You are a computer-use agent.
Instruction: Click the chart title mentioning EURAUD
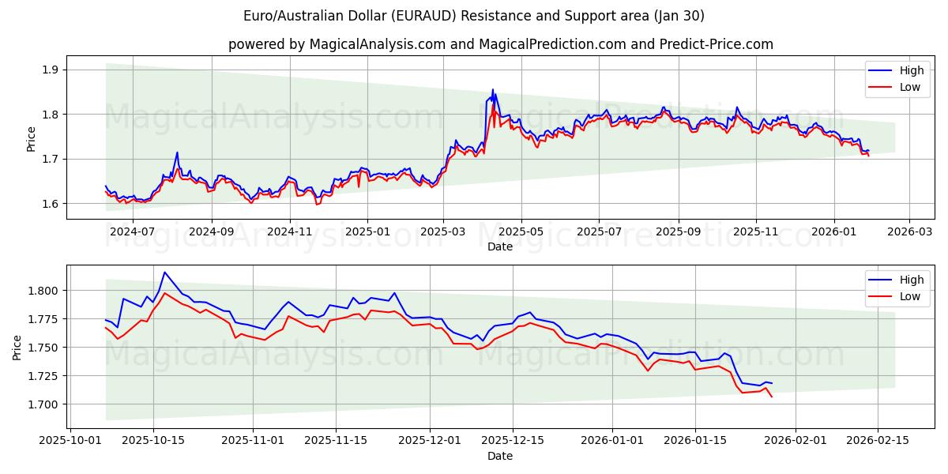[474, 16]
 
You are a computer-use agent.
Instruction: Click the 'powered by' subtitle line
[500, 44]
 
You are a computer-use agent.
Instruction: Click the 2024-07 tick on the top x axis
[133, 231]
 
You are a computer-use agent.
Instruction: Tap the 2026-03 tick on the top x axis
[909, 231]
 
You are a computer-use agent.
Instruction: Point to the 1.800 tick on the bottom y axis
[43, 291]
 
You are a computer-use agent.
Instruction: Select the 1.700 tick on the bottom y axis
[43, 404]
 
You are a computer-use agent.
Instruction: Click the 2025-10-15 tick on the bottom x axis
[153, 441]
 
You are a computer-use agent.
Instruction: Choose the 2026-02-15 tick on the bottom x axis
[878, 441]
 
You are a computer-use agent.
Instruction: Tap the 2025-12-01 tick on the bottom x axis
[430, 441]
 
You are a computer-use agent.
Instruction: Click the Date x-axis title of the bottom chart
[499, 456]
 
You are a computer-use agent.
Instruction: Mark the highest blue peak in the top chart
[493, 89]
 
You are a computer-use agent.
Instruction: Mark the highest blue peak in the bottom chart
[164, 273]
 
